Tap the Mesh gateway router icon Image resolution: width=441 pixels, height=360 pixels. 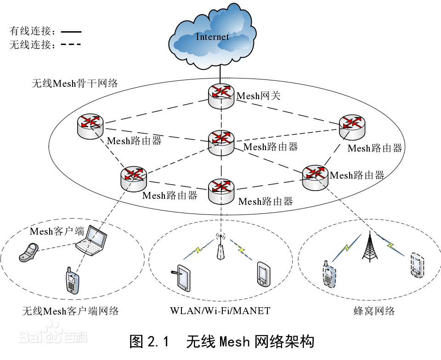point(221,96)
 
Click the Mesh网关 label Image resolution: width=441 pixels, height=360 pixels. point(258,96)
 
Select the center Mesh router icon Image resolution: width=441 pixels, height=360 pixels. point(221,143)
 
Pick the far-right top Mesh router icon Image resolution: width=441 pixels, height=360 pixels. point(352,126)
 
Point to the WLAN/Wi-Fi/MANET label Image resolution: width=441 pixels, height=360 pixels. point(220,311)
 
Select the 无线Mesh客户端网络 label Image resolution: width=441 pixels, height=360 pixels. point(70,311)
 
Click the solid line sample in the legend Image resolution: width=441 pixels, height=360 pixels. point(71,32)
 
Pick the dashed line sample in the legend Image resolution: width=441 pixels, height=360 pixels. point(71,45)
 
